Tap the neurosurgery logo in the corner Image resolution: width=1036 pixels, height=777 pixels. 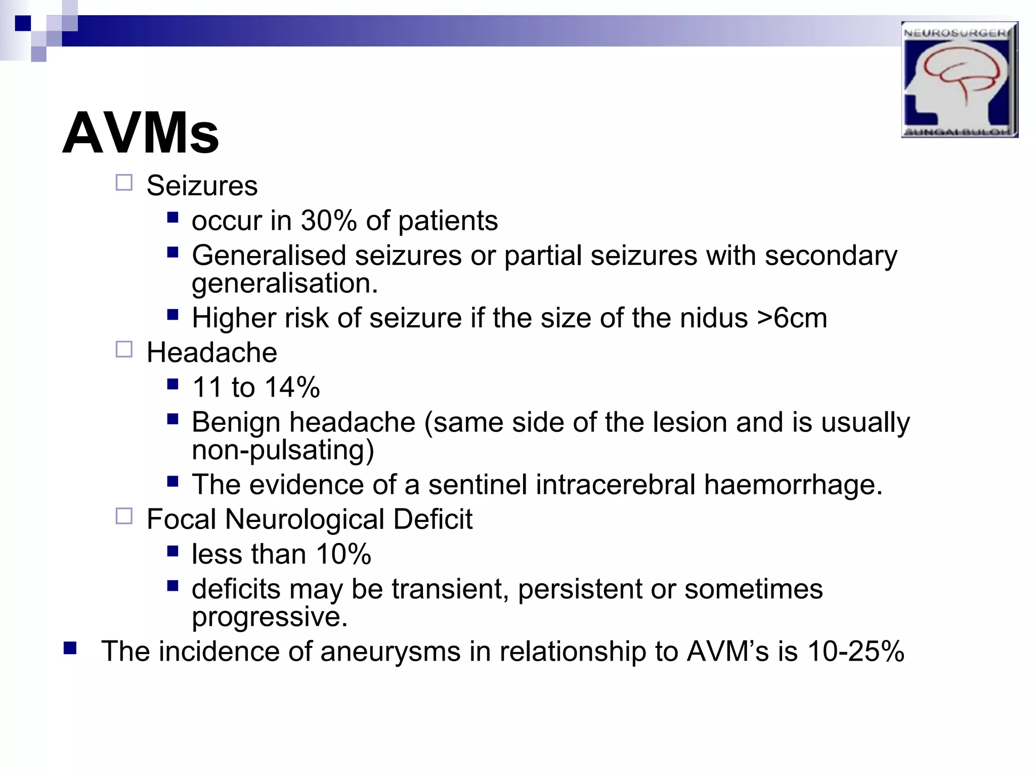(959, 79)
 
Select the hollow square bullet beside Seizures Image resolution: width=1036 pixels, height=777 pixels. (124, 183)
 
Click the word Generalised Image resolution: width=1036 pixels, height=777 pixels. (269, 255)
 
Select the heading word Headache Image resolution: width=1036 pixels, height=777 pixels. (212, 353)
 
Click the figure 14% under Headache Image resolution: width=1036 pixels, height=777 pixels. (292, 388)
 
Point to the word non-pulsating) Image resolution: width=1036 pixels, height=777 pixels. (283, 450)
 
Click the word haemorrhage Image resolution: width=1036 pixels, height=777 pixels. (793, 485)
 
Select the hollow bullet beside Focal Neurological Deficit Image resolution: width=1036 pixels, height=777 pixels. (124, 516)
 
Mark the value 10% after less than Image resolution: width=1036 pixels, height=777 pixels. (344, 554)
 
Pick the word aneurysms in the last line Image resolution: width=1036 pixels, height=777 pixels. (390, 652)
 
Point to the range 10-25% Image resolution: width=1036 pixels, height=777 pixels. (855, 652)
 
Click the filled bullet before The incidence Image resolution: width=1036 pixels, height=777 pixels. (70, 648)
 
